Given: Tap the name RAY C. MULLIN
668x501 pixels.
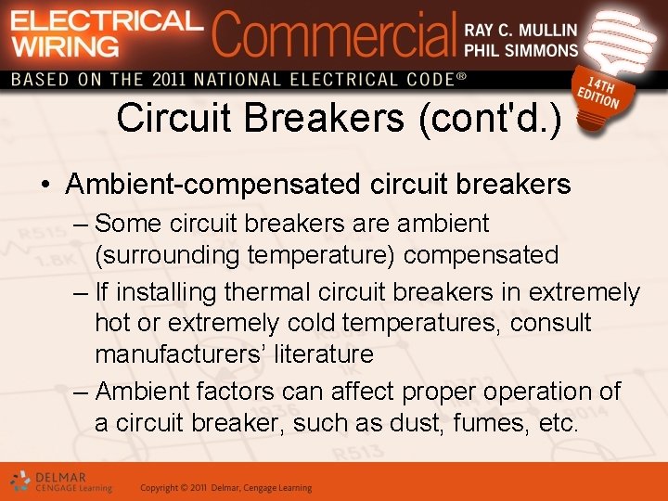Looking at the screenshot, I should (x=520, y=30).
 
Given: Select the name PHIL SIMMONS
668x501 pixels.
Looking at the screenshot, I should (x=520, y=50).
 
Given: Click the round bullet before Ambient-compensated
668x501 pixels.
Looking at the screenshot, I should (x=45, y=186).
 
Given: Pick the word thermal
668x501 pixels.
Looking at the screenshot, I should (x=267, y=293).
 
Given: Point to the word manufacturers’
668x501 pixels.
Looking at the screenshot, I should (x=174, y=354).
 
